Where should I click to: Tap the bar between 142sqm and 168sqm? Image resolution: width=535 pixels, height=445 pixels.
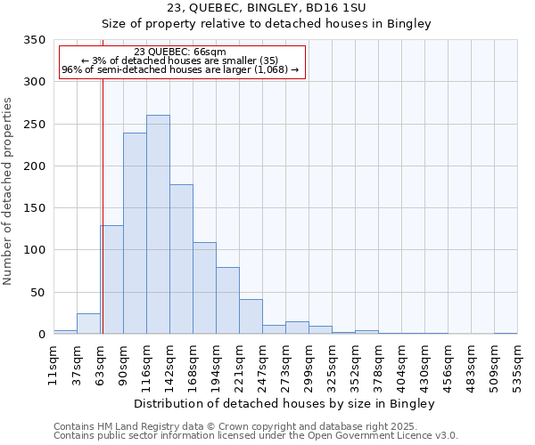181,259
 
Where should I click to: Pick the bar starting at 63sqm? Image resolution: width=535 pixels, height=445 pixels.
111,279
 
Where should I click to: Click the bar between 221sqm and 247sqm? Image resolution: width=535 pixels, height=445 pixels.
251,317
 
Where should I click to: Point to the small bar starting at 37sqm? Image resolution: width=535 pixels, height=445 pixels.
88,324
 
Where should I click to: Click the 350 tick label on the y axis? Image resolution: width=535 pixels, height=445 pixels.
35,40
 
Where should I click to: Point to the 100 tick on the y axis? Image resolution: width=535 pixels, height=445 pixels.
35,250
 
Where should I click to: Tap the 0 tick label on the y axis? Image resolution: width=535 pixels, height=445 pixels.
41,335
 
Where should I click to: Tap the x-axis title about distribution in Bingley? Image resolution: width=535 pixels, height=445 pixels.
284,403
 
